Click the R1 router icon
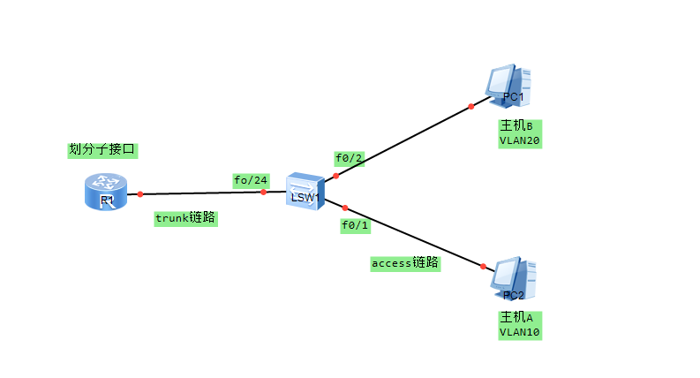(106, 192)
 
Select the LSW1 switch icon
(305, 191)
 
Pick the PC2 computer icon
(512, 279)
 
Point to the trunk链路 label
(185, 217)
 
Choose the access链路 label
(405, 263)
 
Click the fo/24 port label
(251, 180)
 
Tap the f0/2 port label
(349, 159)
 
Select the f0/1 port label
(356, 225)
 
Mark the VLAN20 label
(519, 140)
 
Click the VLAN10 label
(519, 332)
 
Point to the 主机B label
(519, 125)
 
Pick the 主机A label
(519, 318)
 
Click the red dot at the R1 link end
(140, 193)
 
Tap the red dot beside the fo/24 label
(263, 192)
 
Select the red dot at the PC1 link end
(471, 106)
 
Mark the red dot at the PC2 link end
(484, 266)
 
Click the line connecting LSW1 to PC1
(403, 141)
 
